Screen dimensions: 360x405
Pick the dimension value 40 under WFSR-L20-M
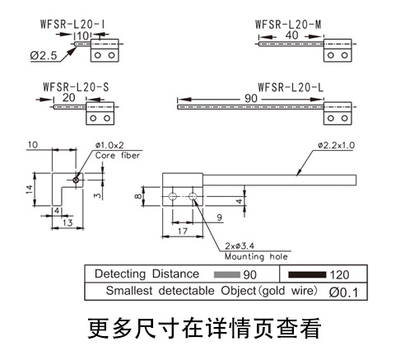[x=292, y=36]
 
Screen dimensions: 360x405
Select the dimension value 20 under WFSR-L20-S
[x=68, y=97]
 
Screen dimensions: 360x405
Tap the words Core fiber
[x=118, y=155]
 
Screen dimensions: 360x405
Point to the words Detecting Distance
[x=147, y=274]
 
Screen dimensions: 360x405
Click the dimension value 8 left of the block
[x=137, y=196]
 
